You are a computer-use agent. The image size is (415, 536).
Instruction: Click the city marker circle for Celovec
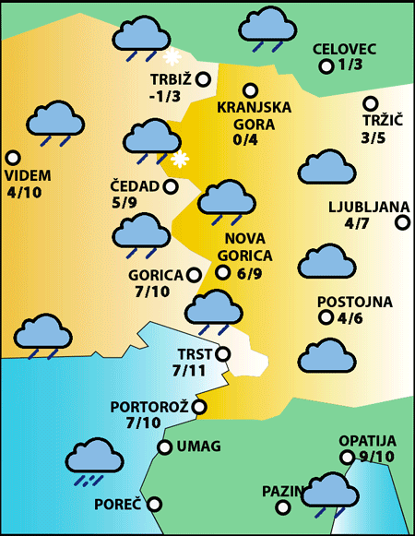click(326, 66)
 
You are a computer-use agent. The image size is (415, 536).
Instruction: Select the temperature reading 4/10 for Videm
click(24, 193)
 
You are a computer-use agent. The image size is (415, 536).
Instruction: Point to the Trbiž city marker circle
click(202, 79)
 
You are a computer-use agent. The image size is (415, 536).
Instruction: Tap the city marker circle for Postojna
click(326, 318)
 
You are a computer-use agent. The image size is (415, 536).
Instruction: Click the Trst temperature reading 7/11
click(189, 371)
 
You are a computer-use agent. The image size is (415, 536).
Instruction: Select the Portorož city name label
click(149, 406)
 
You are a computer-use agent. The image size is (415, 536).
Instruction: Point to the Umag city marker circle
click(165, 447)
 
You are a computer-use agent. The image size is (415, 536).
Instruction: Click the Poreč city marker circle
click(155, 504)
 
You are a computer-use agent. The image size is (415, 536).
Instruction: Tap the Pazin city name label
click(281, 491)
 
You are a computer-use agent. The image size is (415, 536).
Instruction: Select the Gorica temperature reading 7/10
click(151, 292)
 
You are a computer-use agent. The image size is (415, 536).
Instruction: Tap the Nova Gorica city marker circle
click(222, 272)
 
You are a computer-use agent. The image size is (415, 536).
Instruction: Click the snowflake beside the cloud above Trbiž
click(172, 56)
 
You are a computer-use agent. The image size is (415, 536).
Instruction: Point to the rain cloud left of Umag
click(95, 459)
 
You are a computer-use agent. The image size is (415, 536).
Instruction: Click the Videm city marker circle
click(13, 158)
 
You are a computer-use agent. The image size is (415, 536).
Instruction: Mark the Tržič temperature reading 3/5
click(373, 138)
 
